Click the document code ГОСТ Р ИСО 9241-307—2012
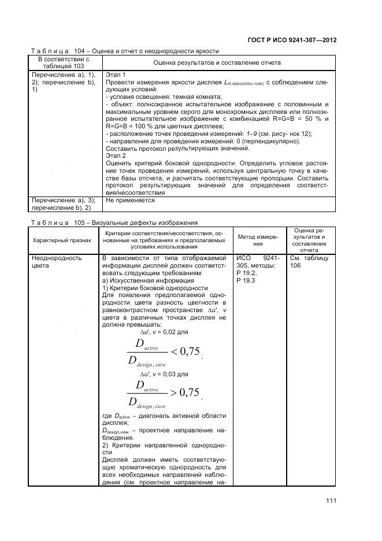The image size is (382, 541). (x=292, y=40)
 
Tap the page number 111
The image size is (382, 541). (x=331, y=501)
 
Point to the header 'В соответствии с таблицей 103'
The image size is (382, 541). (x=64, y=62)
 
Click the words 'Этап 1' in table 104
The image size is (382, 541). (x=116, y=75)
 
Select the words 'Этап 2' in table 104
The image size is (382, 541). (x=116, y=156)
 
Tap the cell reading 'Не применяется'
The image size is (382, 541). (x=130, y=201)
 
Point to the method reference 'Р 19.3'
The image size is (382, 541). (x=246, y=280)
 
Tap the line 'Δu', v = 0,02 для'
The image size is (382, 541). (x=164, y=332)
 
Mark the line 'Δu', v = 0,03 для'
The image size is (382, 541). (x=164, y=374)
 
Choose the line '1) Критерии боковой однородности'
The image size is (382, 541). (x=154, y=288)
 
